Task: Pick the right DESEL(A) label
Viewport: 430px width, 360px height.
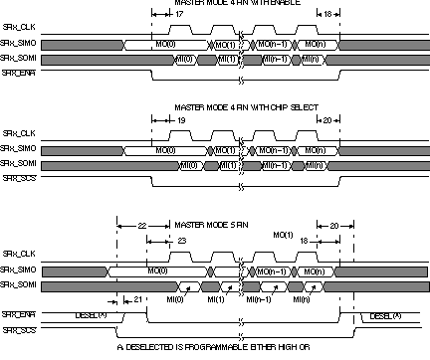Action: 385,314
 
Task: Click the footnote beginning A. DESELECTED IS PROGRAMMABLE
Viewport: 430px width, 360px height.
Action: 214,347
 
